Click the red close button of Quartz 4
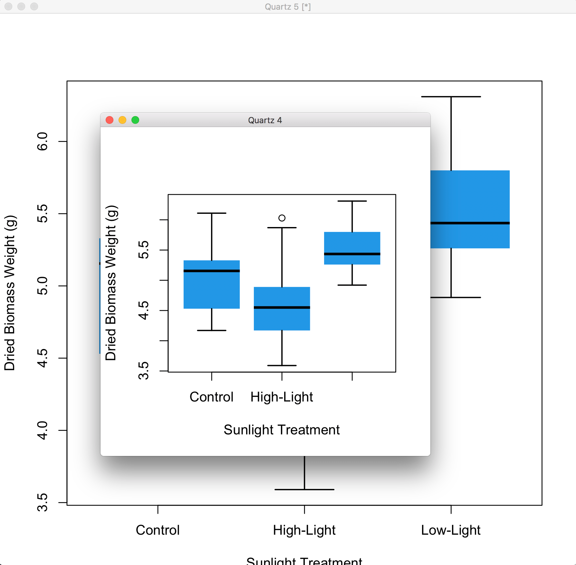point(110,120)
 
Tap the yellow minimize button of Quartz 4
point(122,120)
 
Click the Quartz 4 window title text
point(265,120)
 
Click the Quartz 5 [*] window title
point(288,6)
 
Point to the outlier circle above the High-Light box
point(282,218)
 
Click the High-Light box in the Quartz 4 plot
point(282,319)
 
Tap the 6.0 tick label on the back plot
point(43,141)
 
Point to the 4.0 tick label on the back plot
point(43,430)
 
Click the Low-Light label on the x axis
point(451,530)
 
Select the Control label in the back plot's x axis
point(158,530)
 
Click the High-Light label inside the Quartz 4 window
point(282,397)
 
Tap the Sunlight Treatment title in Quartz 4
point(282,430)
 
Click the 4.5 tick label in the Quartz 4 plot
point(144,310)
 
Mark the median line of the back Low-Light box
point(470,223)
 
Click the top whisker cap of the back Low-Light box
point(451,97)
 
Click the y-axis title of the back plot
point(10,293)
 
